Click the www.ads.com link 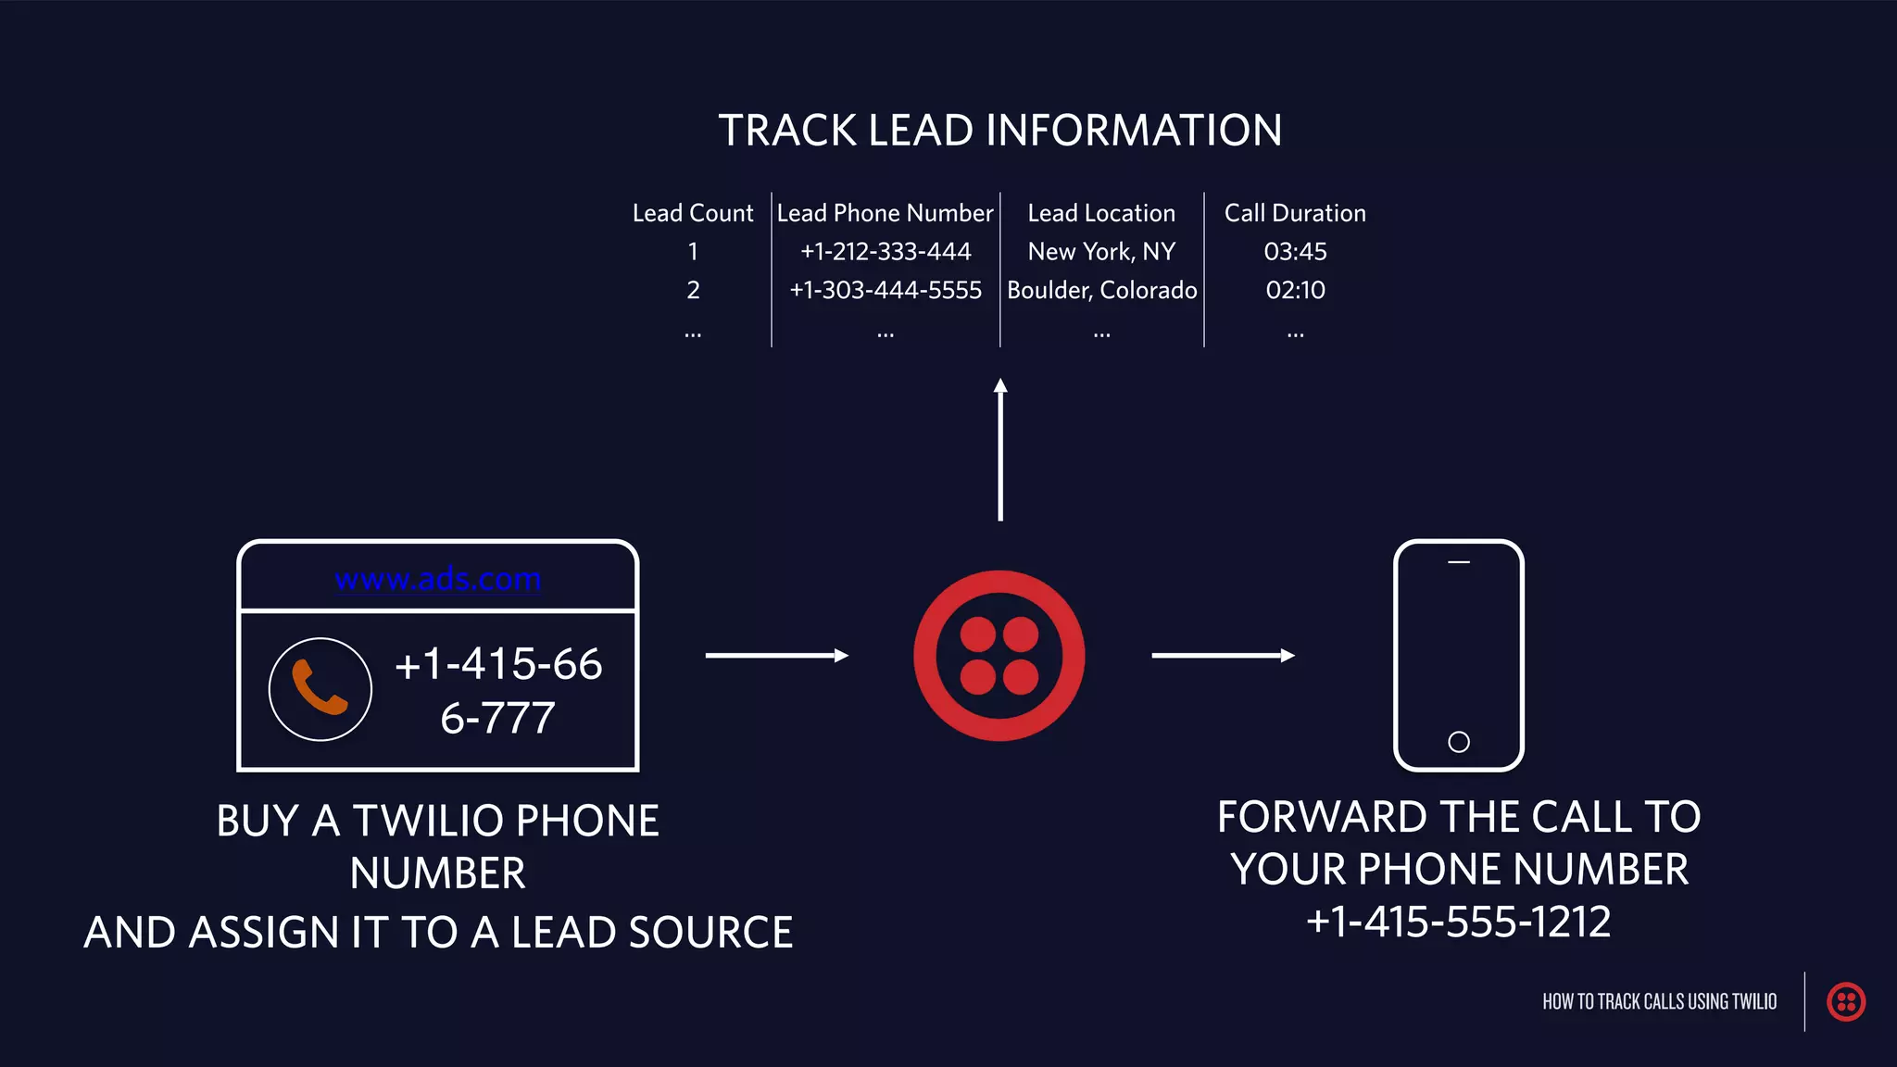(x=438, y=579)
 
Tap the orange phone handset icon (x=320, y=688)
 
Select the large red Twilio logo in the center (x=999, y=656)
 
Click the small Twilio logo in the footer (x=1845, y=1001)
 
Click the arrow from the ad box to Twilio (x=776, y=656)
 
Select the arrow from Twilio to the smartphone (x=1223, y=656)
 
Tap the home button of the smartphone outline (x=1459, y=742)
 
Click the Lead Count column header (x=693, y=213)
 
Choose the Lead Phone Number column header (x=885, y=213)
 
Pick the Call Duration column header (x=1295, y=213)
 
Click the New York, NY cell (x=1101, y=252)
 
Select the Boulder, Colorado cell (x=1102, y=290)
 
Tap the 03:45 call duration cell (x=1295, y=252)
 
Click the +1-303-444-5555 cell (x=886, y=290)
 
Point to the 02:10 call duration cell (x=1295, y=290)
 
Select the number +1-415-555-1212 (x=1459, y=922)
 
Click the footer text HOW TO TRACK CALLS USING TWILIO (x=1659, y=1001)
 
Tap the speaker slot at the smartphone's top (x=1459, y=562)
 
